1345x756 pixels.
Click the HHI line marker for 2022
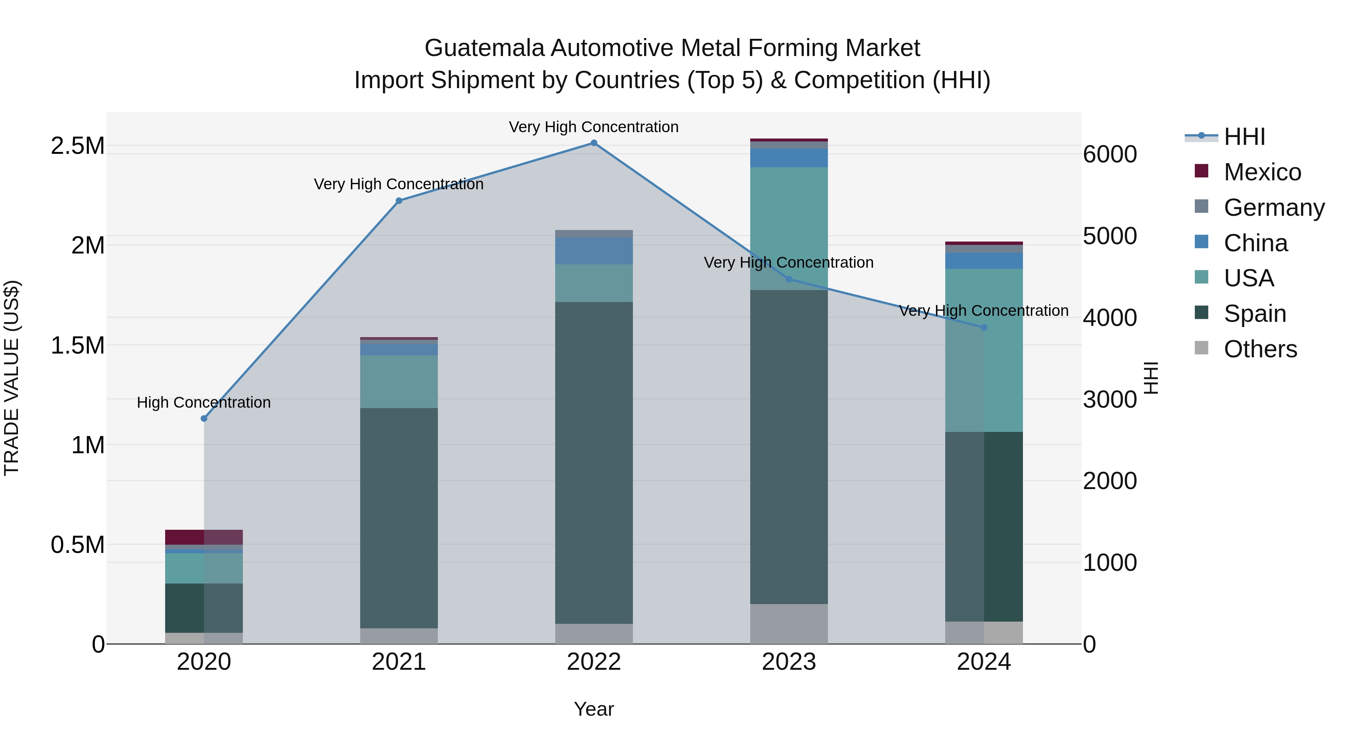point(594,143)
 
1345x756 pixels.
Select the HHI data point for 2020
point(204,419)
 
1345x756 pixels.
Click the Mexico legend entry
point(1262,172)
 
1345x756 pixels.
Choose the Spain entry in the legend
point(1254,314)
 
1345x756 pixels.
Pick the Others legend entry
point(1260,349)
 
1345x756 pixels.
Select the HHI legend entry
point(1244,137)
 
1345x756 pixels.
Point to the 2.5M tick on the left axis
point(78,146)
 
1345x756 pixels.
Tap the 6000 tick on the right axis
point(1110,155)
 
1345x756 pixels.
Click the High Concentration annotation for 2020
point(204,403)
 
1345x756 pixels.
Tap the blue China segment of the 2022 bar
point(594,251)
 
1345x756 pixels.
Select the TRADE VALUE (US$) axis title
point(12,378)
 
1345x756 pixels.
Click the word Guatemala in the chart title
point(484,49)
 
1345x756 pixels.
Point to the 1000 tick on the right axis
point(1110,563)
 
